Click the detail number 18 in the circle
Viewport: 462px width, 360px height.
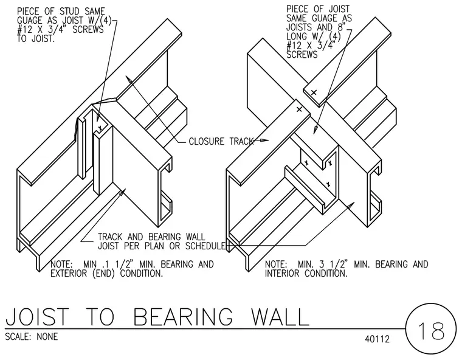tap(431, 331)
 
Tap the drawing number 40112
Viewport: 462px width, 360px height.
tap(377, 339)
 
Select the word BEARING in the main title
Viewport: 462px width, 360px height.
tap(183, 316)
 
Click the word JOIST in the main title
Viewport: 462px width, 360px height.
tap(37, 316)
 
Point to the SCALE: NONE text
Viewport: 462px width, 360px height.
tap(32, 336)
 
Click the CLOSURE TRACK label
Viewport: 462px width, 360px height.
tap(221, 141)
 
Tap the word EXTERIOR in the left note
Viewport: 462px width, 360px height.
tap(68, 273)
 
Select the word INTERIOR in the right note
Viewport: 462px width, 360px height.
tap(282, 273)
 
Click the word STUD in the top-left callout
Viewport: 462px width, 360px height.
tap(69, 12)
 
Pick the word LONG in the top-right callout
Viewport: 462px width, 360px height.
tap(297, 36)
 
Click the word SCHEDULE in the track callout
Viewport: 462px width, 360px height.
tap(205, 246)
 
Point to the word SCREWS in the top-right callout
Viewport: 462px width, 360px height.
tap(302, 55)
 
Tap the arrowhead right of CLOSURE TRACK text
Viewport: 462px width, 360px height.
tap(264, 140)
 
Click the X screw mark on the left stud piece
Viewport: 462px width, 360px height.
tap(100, 128)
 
